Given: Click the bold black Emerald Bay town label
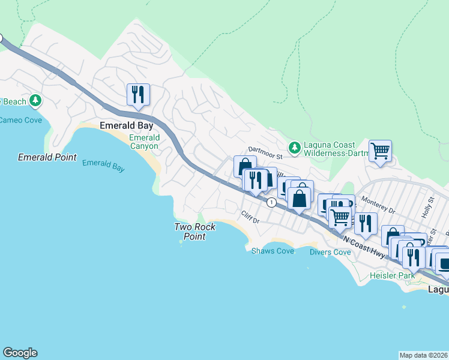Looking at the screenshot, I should pyautogui.click(x=126, y=126).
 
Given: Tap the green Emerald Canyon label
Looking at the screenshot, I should pyautogui.click(x=144, y=142).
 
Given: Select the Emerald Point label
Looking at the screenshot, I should pyautogui.click(x=47, y=157).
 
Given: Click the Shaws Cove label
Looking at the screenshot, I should pyautogui.click(x=273, y=251).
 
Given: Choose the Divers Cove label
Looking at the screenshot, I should pyautogui.click(x=330, y=252).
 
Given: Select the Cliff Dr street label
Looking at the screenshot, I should pyautogui.click(x=249, y=217).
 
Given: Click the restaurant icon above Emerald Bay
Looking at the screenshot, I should pyautogui.click(x=138, y=95).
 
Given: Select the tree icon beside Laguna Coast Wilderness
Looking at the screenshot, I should pyautogui.click(x=294, y=147).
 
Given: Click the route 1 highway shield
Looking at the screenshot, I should pyautogui.click(x=272, y=202).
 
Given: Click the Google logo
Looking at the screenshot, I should pyautogui.click(x=20, y=353).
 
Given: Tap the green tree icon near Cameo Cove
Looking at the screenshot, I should pyautogui.click(x=36, y=100).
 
